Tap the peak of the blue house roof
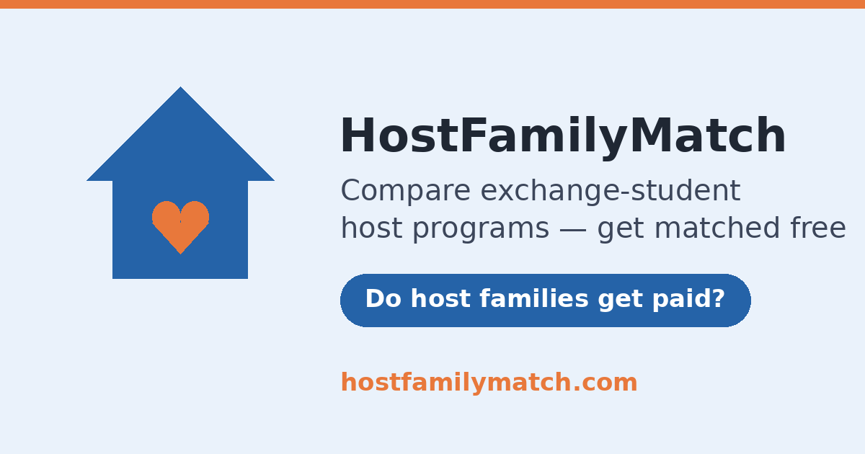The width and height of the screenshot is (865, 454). tap(180, 87)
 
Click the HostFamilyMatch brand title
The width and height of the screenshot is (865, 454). tap(563, 136)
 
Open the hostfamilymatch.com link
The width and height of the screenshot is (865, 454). tap(489, 382)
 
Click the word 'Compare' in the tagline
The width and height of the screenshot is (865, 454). tap(405, 191)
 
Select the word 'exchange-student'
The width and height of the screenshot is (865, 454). tap(610, 191)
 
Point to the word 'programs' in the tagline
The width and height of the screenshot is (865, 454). tap(481, 228)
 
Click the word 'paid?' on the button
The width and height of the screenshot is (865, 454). tap(688, 300)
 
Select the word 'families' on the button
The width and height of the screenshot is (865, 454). tap(534, 299)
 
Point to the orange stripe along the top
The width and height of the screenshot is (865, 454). tap(432, 4)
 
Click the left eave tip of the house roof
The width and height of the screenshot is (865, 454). tap(87, 180)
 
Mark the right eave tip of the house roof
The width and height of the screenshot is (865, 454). tap(274, 180)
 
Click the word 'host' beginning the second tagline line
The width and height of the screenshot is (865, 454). tap(371, 228)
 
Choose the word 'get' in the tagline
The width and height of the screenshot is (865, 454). tap(621, 229)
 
